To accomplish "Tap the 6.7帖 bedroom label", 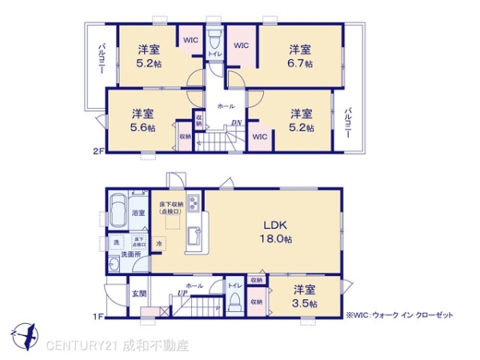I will (301, 56).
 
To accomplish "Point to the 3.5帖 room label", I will (305, 297).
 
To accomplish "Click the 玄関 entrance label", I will (139, 294).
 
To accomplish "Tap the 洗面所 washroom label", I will (130, 254).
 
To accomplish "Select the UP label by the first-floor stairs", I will (182, 294).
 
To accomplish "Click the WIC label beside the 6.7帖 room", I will (243, 46).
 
